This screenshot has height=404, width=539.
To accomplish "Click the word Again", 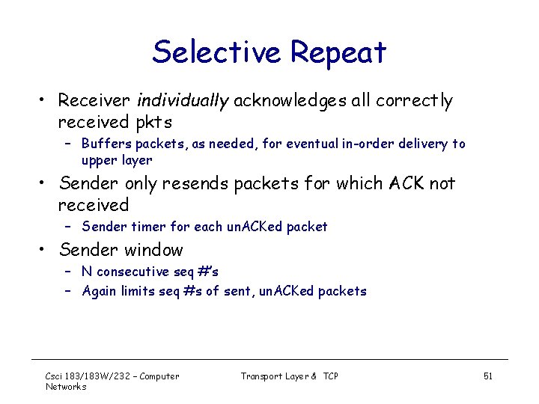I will coord(100,292).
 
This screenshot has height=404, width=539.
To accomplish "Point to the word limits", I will coord(141,292).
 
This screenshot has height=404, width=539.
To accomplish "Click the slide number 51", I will coord(487,376).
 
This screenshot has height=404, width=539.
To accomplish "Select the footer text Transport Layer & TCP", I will coord(289,376).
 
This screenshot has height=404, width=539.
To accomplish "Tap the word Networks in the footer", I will coord(66,387).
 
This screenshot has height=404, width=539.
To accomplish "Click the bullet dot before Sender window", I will coord(47,251).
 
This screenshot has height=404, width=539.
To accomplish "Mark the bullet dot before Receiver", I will coord(47,101).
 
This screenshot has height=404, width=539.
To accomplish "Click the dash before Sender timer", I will coord(67,227).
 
